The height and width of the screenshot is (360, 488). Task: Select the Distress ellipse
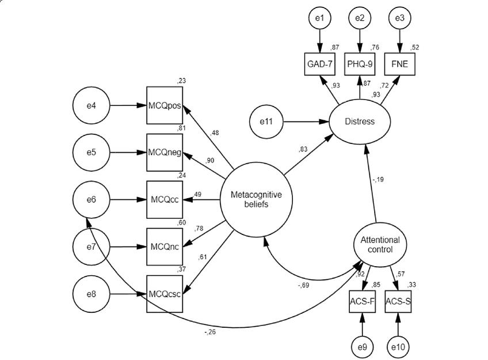pyautogui.click(x=360, y=122)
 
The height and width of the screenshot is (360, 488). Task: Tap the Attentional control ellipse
pyautogui.click(x=380, y=245)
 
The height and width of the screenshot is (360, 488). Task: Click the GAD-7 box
pyautogui.click(x=318, y=64)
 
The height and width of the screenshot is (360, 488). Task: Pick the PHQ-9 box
pyautogui.click(x=359, y=64)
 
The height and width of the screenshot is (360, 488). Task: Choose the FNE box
pyautogui.click(x=401, y=64)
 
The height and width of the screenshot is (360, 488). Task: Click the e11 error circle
pyautogui.click(x=267, y=122)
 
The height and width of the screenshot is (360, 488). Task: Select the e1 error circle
pyautogui.click(x=318, y=18)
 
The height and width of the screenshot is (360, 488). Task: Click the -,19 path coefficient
pyautogui.click(x=377, y=179)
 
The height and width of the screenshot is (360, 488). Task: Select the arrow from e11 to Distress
pyautogui.click(x=307, y=122)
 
